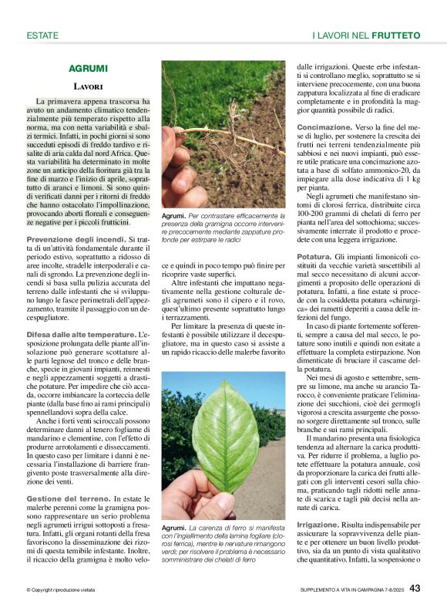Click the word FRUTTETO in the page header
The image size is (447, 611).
click(x=395, y=35)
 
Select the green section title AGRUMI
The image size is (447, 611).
click(x=88, y=69)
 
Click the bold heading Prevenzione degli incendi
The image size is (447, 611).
click(x=75, y=241)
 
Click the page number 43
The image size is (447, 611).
click(x=415, y=589)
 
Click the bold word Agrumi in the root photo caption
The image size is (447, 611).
click(x=173, y=216)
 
